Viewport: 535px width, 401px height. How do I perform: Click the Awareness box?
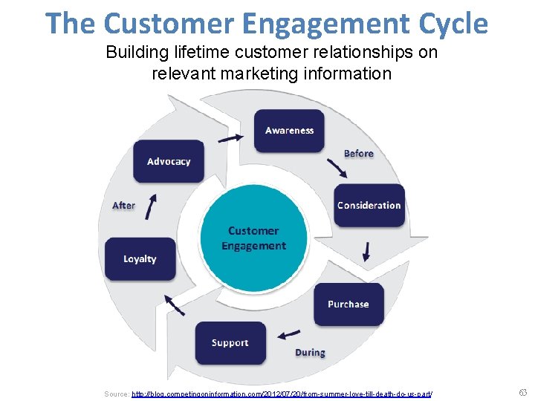[x=289, y=131]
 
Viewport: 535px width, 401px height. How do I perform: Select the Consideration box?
[x=369, y=206]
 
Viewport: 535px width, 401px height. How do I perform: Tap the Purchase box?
[x=348, y=304]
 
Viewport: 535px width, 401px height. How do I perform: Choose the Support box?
[x=230, y=342]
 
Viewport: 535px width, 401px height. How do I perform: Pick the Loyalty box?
[x=140, y=258]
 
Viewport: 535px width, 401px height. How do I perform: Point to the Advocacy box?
[x=169, y=161]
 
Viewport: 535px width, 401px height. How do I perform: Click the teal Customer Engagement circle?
[x=253, y=238]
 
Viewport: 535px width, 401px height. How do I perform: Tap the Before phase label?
[x=358, y=153]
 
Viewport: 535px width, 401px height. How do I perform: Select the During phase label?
[x=310, y=352]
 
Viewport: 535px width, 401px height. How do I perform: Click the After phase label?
[x=123, y=205]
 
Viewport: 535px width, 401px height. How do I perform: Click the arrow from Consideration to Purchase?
[x=366, y=252]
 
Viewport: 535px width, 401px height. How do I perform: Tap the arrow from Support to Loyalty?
[x=175, y=304]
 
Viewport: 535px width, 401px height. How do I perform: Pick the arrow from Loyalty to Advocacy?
[x=151, y=206]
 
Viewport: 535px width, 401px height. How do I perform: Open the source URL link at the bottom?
[x=282, y=393]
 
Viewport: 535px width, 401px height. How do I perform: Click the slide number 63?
[x=522, y=392]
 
